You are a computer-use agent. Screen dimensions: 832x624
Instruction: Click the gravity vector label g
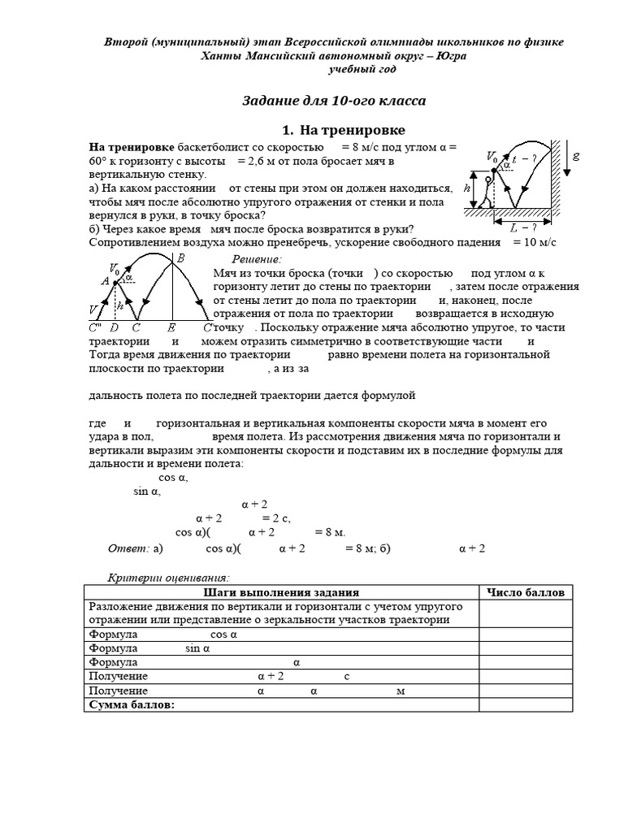[576, 155]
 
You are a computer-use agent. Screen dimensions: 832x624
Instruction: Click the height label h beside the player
[467, 188]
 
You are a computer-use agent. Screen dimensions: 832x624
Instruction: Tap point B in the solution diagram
[180, 258]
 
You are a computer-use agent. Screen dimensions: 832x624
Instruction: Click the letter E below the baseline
[171, 327]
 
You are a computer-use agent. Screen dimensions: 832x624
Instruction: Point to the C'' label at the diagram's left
[95, 327]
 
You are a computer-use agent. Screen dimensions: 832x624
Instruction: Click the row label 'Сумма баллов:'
[131, 705]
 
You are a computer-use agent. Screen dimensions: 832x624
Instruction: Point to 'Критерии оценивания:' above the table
[169, 577]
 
